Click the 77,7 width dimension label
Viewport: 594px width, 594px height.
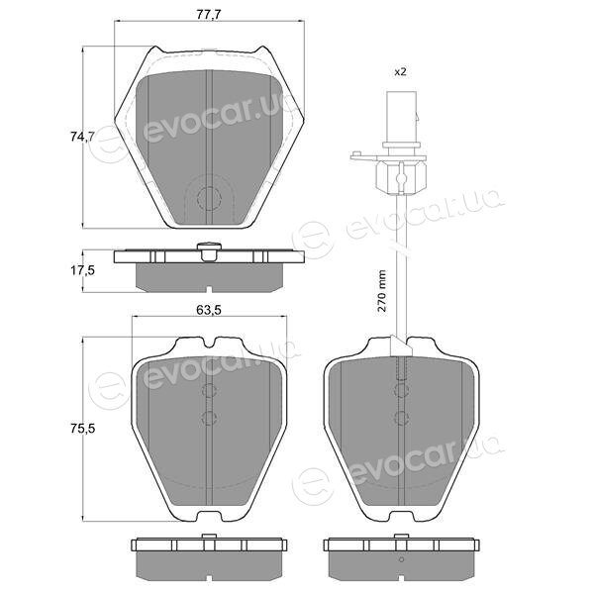(208, 14)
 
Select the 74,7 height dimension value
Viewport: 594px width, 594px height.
(82, 137)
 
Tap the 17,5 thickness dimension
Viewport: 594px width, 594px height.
(82, 271)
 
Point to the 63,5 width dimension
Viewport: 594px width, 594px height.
(208, 310)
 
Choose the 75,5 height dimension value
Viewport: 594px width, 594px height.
(82, 429)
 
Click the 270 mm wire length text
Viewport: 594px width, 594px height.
(382, 291)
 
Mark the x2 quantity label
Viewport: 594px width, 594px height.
(400, 71)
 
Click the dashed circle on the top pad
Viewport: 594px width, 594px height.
(209, 198)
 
